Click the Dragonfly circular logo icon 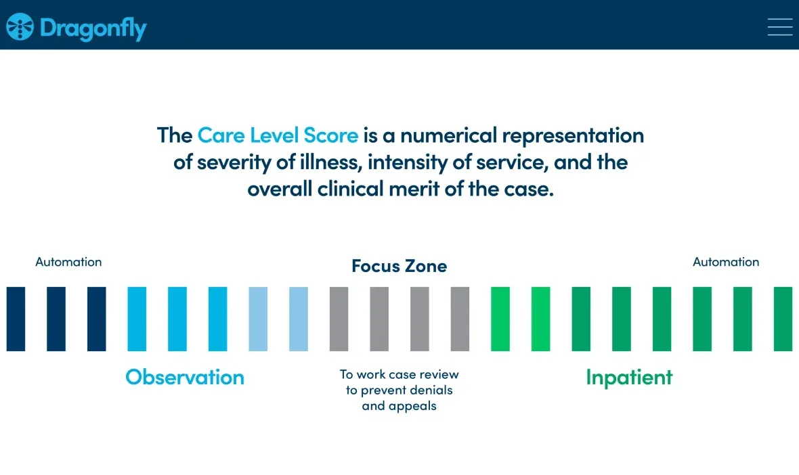pos(20,26)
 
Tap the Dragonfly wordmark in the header pos(93,28)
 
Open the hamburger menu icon pos(779,27)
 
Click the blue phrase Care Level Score pos(278,135)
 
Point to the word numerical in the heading pos(448,135)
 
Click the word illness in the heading pos(330,162)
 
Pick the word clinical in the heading pos(350,189)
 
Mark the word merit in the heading pos(414,189)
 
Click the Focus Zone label pos(399,266)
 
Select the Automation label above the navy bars pos(68,262)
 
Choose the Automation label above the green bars pos(726,262)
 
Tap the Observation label pos(185,378)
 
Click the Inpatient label pos(629,378)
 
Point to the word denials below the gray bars pos(431,390)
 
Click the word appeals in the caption pos(412,406)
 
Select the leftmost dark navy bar pos(16,319)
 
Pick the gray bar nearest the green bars pos(460,319)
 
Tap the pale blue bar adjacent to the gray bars pos(298,319)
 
